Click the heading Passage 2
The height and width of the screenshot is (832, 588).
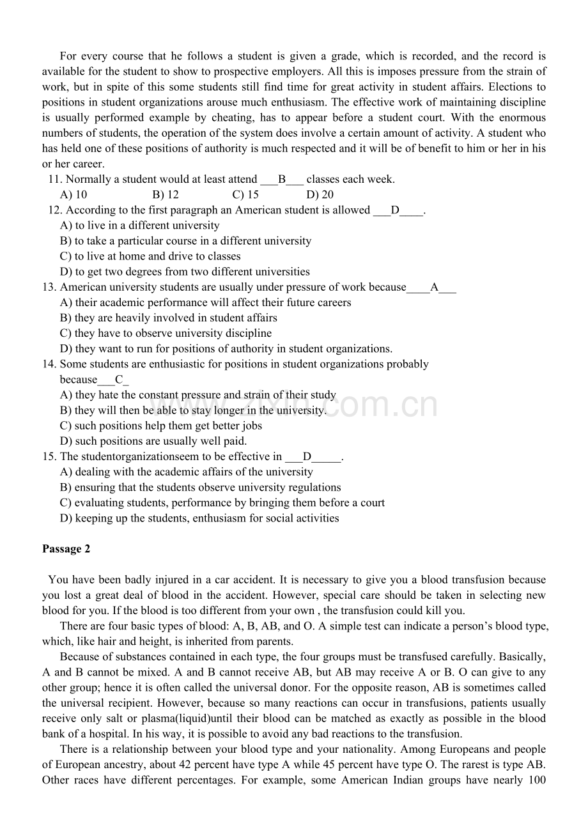(x=66, y=549)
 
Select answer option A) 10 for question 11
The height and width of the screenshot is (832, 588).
(x=73, y=195)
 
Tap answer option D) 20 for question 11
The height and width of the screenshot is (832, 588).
(x=320, y=195)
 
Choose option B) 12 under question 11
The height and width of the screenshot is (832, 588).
(x=166, y=195)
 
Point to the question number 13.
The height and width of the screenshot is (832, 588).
(x=49, y=287)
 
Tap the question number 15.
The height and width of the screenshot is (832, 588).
(x=49, y=456)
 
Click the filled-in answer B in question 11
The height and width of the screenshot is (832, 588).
(x=282, y=180)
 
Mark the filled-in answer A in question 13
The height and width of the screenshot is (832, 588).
(x=434, y=287)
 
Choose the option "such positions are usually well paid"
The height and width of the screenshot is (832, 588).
(x=153, y=441)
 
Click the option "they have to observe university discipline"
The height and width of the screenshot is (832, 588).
(x=166, y=333)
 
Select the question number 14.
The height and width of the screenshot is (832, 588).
(x=49, y=364)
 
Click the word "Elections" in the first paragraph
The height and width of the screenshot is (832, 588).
(x=522, y=87)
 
